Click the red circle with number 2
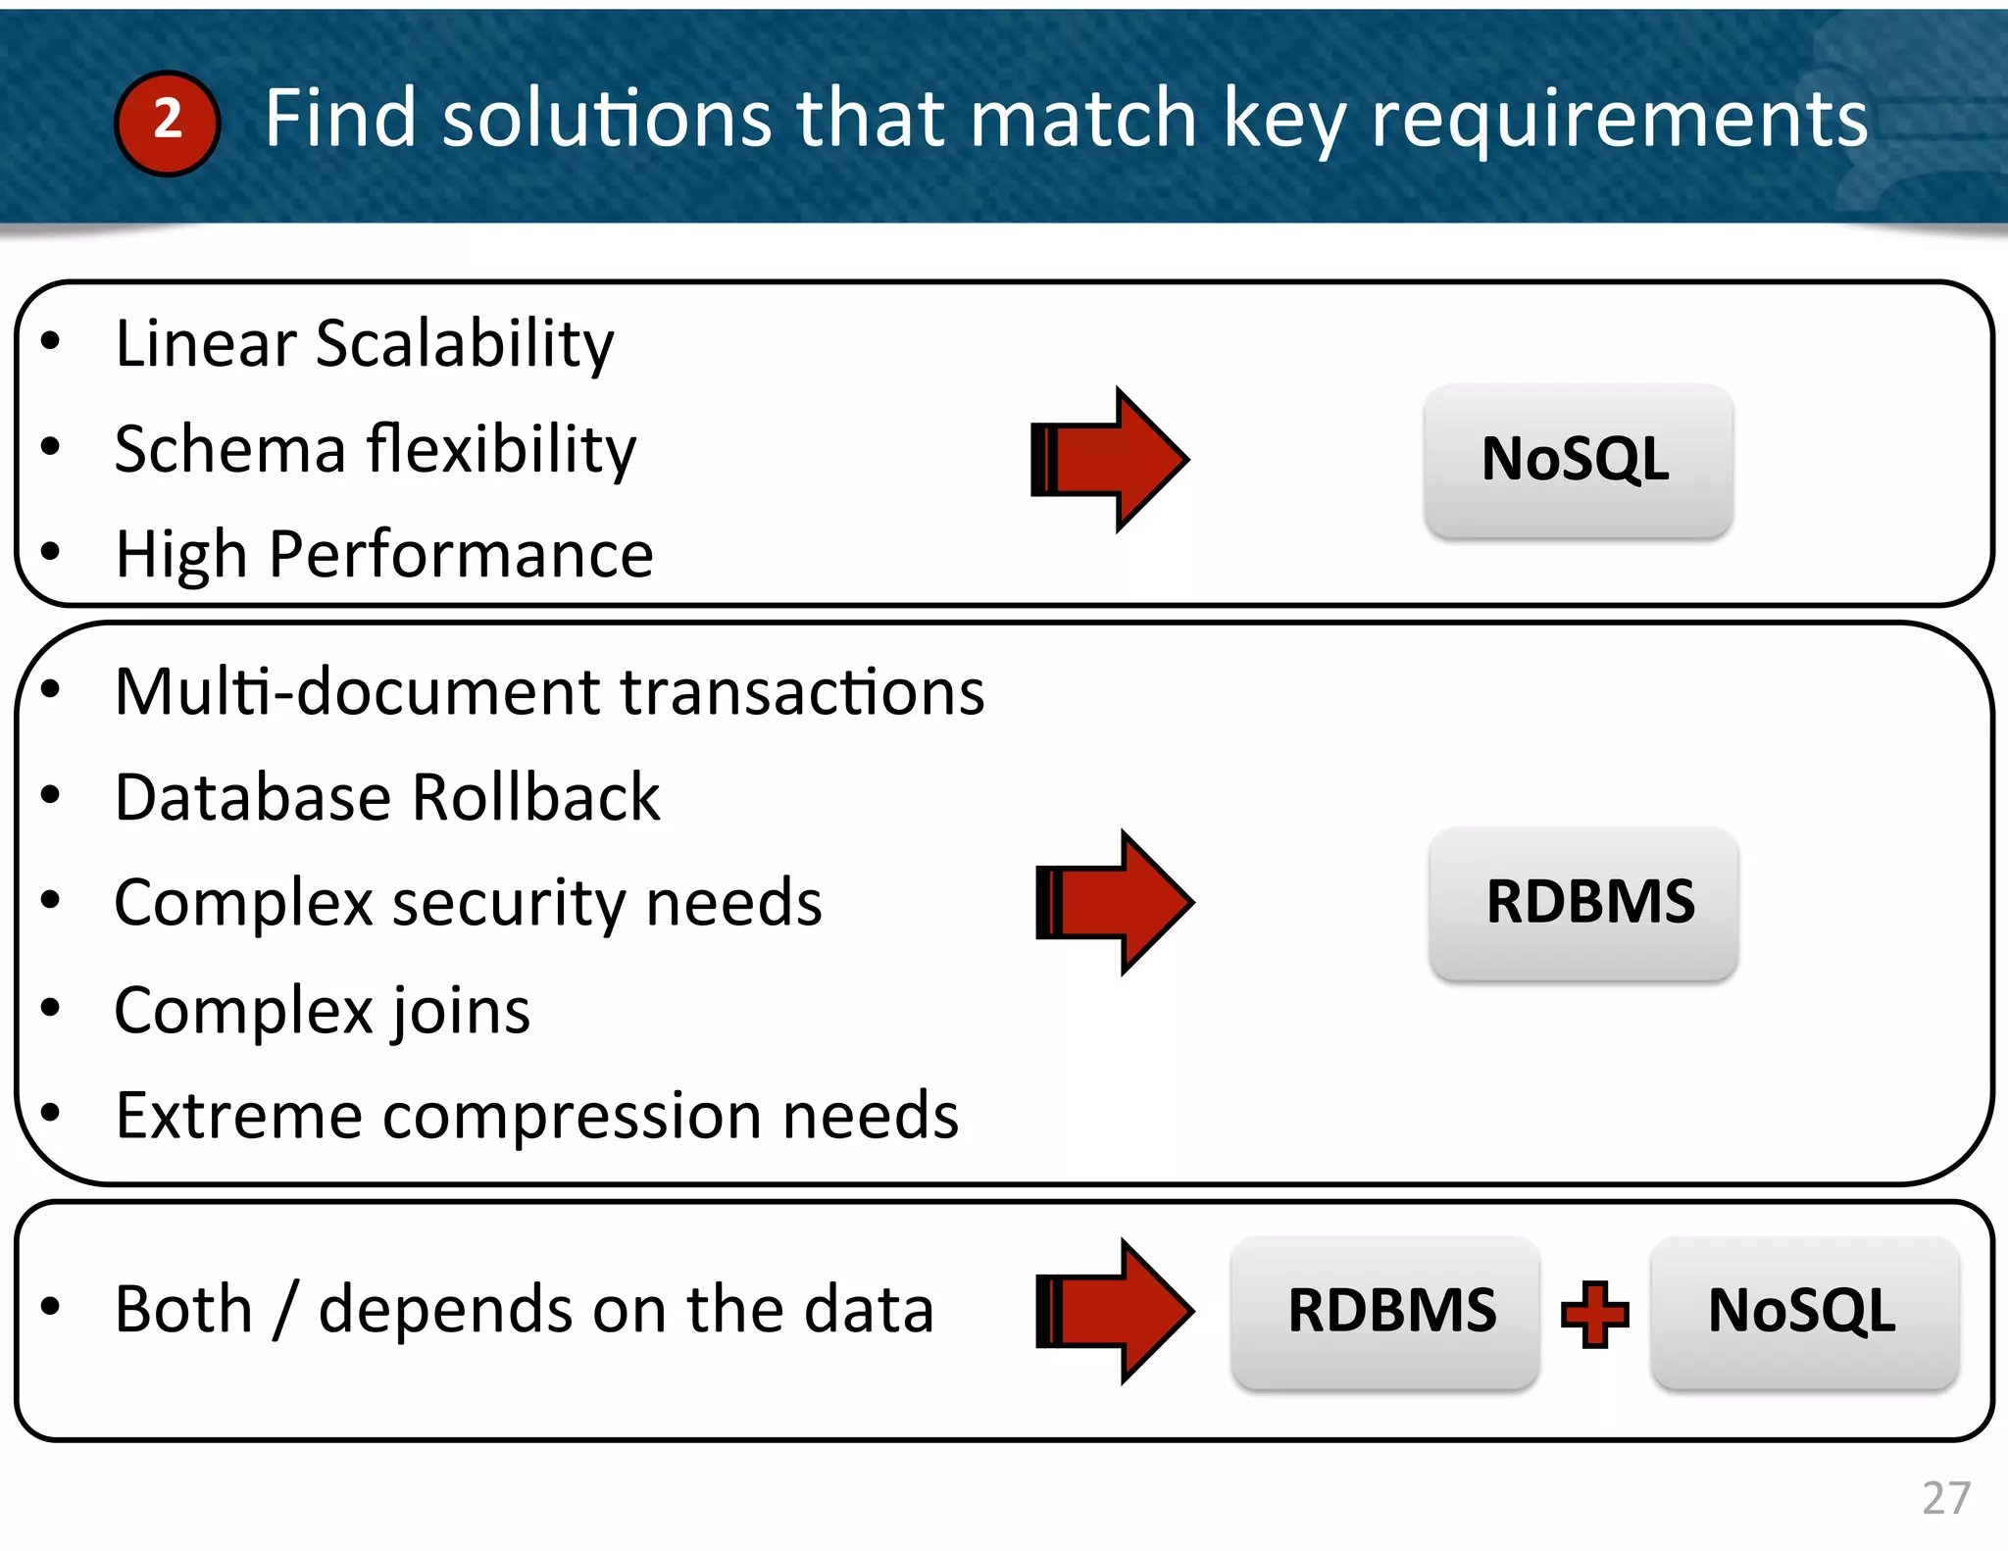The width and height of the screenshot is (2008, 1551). click(167, 123)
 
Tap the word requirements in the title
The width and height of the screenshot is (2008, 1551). click(1618, 120)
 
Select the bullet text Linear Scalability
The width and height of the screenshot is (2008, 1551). click(364, 344)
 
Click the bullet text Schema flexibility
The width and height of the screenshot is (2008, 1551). click(375, 450)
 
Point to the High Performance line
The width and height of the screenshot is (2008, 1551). click(383, 555)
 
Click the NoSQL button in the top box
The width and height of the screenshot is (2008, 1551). click(1578, 460)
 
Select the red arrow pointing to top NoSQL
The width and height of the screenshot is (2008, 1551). click(1110, 460)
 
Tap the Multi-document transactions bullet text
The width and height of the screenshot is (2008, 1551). click(549, 692)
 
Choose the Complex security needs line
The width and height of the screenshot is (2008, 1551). click(468, 903)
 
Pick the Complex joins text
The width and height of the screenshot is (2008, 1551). click(322, 1011)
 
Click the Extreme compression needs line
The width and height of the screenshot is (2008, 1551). click(536, 1116)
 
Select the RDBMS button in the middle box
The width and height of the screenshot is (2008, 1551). click(1583, 902)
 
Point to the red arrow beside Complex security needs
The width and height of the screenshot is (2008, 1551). click(1115, 902)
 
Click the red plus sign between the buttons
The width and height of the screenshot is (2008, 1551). click(1595, 1314)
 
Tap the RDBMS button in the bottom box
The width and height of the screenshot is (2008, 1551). click(1385, 1312)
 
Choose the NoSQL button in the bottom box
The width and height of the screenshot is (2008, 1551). click(1804, 1312)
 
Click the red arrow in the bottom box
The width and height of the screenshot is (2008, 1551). click(1115, 1311)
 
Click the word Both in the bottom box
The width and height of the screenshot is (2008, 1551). click(183, 1310)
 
